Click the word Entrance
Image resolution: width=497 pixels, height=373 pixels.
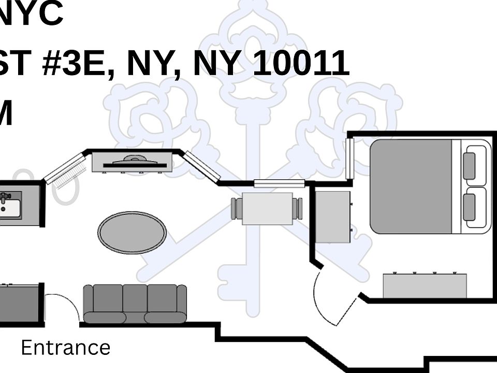65,348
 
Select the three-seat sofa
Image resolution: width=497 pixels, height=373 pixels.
135,304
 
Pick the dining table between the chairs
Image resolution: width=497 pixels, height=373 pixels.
267,208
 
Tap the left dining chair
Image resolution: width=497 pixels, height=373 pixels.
236,208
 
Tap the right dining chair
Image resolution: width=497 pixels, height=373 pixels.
298,208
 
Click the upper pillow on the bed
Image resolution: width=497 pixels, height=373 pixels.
470,166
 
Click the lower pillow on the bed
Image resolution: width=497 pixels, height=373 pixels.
470,207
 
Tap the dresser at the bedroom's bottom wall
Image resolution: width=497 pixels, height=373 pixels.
425,285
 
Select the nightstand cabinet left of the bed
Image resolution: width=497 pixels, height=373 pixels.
332,217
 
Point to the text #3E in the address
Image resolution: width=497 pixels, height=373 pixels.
78,64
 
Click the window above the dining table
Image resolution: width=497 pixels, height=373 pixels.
279,183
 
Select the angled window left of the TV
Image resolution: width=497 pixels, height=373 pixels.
65,168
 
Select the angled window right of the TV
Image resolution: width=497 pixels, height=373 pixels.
202,166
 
